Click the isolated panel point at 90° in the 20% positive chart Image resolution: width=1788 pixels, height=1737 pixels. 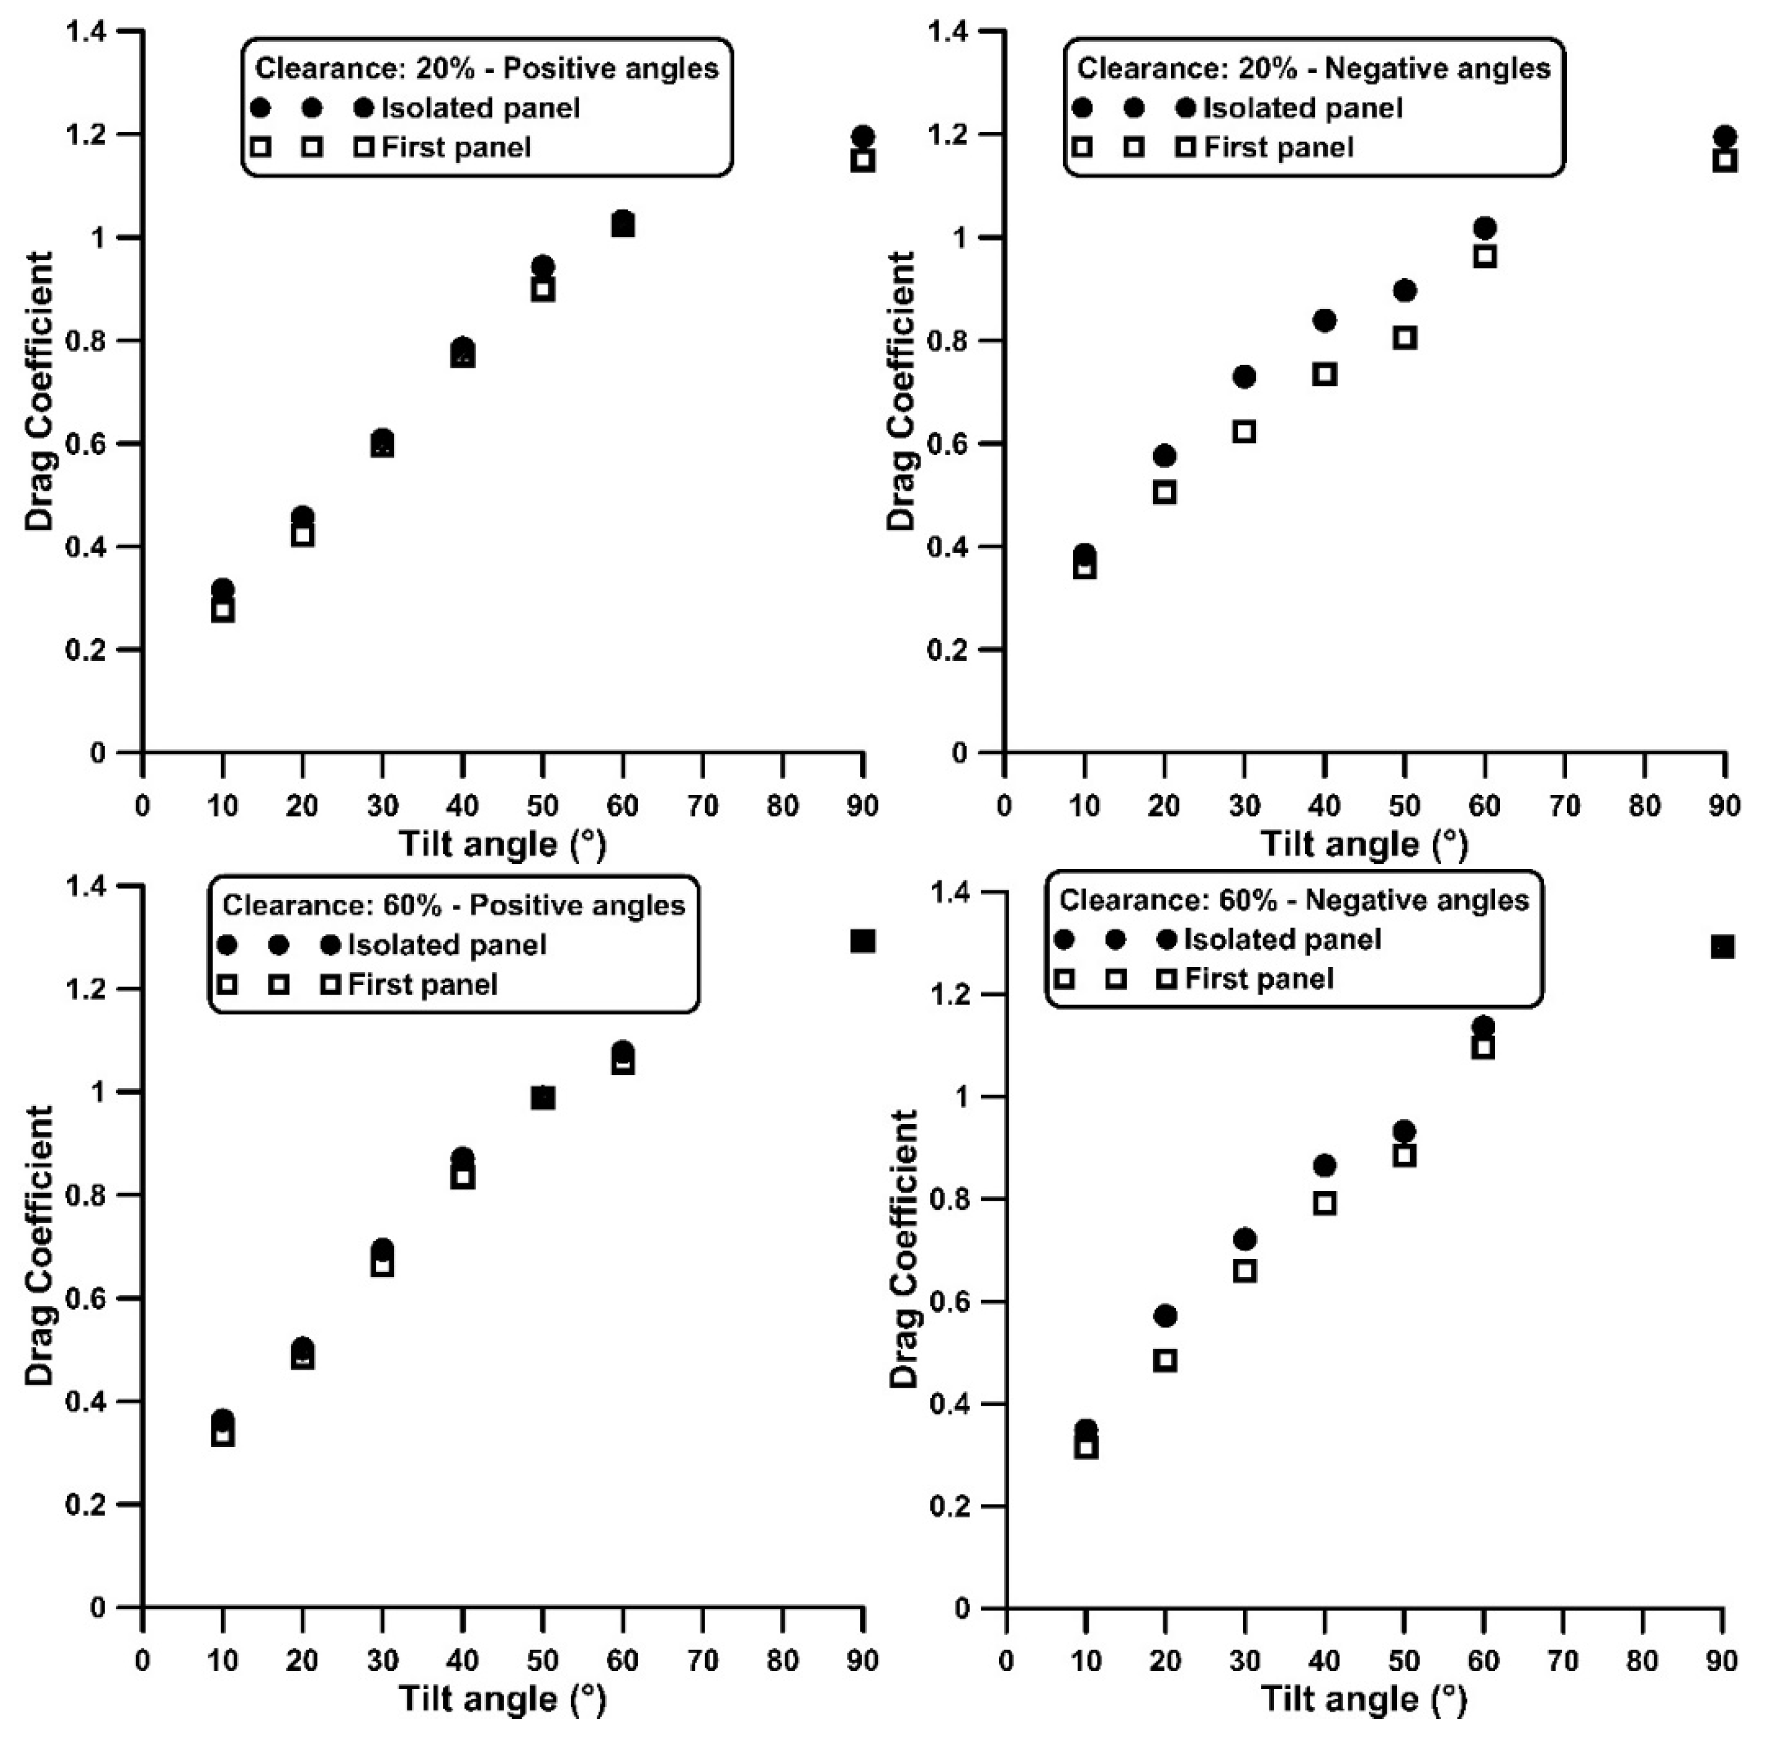(863, 137)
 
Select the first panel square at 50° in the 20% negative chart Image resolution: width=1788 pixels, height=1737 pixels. (1405, 337)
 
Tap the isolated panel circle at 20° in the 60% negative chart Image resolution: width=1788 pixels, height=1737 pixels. (1165, 1316)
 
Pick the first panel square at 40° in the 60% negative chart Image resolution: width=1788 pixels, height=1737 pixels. (1324, 1203)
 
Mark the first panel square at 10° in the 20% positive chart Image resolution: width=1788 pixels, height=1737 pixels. (223, 611)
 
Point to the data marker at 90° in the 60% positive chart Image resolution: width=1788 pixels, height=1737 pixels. (863, 941)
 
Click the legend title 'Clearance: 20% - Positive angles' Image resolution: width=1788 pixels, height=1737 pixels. (486, 68)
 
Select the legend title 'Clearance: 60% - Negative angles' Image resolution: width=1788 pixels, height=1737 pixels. (1294, 901)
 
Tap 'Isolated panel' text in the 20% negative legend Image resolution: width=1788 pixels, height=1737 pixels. (1303, 108)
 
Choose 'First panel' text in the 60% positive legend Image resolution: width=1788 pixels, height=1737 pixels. (423, 984)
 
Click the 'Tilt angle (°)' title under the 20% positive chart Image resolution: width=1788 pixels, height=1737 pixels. (502, 845)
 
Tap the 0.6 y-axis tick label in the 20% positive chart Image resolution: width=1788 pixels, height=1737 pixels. (87, 444)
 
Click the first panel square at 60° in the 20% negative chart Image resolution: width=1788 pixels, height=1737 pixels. (1485, 256)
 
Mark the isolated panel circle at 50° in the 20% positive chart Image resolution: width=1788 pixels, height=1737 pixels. (543, 267)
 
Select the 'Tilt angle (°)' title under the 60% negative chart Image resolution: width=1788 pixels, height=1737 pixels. (1365, 1700)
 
